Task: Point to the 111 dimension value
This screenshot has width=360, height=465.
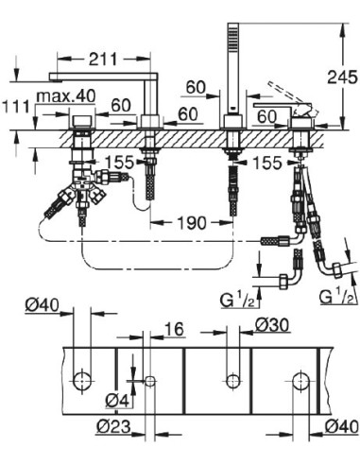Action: (16, 110)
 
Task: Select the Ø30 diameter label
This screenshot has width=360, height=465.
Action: (271, 325)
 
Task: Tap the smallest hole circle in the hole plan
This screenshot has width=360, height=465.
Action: (150, 380)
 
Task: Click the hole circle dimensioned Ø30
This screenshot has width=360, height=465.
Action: (231, 380)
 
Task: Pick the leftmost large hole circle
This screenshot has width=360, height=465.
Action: (81, 380)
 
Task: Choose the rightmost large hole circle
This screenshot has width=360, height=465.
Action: (300, 380)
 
